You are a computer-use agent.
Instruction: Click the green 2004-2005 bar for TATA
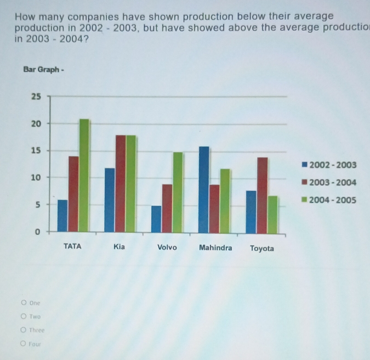coord(84,176)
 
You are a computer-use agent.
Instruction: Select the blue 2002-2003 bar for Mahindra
coord(204,189)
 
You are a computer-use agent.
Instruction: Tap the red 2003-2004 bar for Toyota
coord(263,195)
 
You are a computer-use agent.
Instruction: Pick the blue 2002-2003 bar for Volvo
coord(156,219)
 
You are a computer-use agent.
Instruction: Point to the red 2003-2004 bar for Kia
coord(121,184)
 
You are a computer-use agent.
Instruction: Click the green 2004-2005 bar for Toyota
coord(273,214)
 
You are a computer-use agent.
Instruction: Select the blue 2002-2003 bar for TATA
coord(62,216)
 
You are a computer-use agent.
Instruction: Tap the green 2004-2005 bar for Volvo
coord(178,192)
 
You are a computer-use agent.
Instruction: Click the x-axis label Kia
coord(119,247)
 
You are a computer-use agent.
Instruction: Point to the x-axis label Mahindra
coord(215,248)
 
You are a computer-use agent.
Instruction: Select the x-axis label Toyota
coord(262,249)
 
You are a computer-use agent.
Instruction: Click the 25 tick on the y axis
coord(36,97)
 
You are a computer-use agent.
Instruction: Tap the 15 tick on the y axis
coord(36,151)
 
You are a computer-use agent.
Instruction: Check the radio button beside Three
coord(23,330)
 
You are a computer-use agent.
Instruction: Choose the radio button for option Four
coord(23,344)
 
